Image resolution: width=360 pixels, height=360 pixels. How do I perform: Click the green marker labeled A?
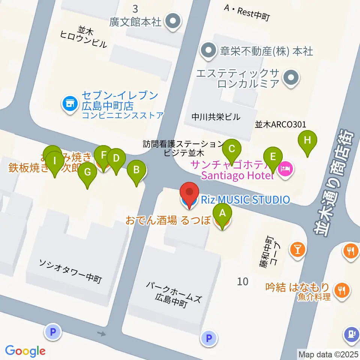[x=222, y=214]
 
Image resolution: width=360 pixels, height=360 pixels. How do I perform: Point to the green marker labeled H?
[x=307, y=141]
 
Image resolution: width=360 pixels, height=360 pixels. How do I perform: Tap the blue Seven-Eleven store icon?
[x=70, y=102]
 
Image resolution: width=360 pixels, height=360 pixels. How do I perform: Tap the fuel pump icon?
[x=351, y=333]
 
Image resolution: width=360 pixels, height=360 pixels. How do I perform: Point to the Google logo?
[x=25, y=351]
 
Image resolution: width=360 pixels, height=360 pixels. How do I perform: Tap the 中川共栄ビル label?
[x=216, y=117]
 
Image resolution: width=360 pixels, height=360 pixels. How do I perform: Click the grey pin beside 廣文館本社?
[x=173, y=21]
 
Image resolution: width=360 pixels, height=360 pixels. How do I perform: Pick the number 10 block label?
[x=243, y=281]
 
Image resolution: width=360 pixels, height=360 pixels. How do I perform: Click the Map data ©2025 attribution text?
[x=328, y=354]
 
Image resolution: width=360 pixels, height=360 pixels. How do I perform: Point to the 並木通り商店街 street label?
[x=334, y=184]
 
